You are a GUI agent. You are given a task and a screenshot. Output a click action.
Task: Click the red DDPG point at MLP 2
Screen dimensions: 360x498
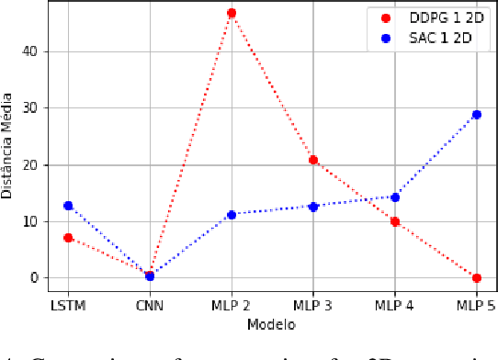pyautogui.click(x=232, y=14)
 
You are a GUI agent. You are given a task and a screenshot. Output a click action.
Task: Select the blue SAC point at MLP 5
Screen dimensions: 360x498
pyautogui.click(x=476, y=115)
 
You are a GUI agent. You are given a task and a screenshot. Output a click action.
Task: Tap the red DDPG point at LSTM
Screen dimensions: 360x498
pyautogui.click(x=68, y=238)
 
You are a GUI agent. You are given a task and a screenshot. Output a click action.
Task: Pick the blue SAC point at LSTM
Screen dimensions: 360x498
pyautogui.click(x=68, y=206)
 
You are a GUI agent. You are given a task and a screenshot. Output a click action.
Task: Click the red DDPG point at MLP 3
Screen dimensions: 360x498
pyautogui.click(x=313, y=160)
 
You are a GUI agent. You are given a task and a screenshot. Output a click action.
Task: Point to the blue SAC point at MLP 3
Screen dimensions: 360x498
pyautogui.click(x=313, y=207)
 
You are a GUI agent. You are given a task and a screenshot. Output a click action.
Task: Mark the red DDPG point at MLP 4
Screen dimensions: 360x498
pyautogui.click(x=395, y=221)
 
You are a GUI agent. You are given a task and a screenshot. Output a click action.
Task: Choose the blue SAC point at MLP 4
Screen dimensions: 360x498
pyautogui.click(x=395, y=197)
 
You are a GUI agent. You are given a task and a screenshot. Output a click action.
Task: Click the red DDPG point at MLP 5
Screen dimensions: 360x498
pyautogui.click(x=476, y=277)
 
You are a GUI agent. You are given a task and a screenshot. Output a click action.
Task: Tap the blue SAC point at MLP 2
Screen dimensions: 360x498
pyautogui.click(x=232, y=215)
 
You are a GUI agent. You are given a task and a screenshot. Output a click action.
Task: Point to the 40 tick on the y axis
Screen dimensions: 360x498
pyautogui.click(x=35, y=51)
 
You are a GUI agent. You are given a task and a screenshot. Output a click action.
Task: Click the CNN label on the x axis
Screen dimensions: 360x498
pyautogui.click(x=150, y=304)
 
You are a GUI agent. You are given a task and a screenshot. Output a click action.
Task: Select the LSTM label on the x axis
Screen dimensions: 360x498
pyautogui.click(x=68, y=304)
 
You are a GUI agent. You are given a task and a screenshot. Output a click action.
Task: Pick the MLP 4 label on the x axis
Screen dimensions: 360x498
pyautogui.click(x=395, y=304)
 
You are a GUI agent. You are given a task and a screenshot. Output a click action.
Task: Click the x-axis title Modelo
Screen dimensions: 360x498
pyautogui.click(x=272, y=324)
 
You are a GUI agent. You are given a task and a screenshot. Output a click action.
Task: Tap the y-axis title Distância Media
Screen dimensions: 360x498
pyautogui.click(x=10, y=148)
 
